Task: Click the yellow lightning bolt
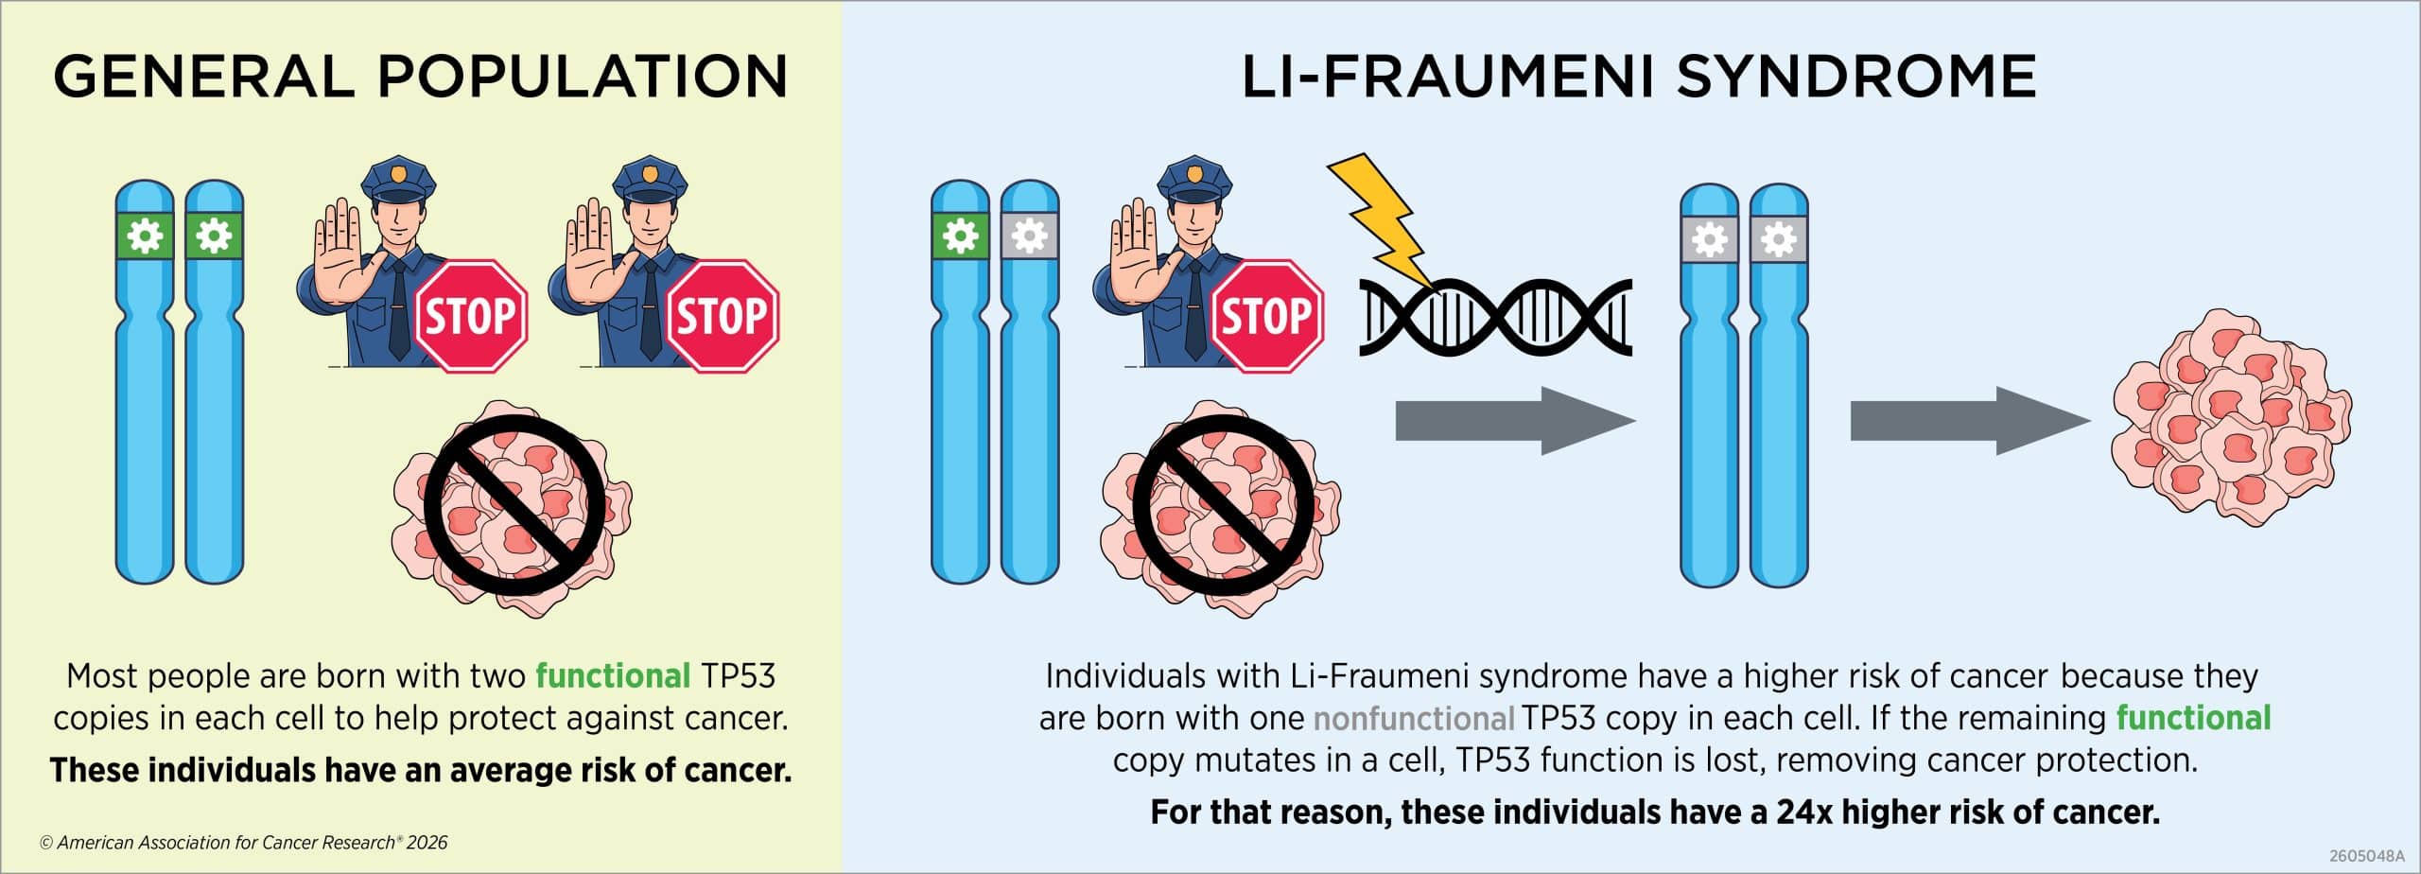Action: coord(1380,223)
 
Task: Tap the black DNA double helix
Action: coord(1495,317)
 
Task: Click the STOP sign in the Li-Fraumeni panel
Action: coord(1267,316)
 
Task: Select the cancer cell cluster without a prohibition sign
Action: coord(2232,417)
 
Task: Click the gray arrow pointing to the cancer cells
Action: coord(1970,421)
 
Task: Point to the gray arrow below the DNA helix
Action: coord(1516,421)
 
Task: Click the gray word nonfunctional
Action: coord(1414,719)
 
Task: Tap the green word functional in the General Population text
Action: coord(613,676)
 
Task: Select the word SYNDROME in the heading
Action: coord(1856,76)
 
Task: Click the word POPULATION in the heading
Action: coord(583,76)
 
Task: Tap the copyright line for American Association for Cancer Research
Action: coord(244,842)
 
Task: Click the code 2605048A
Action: coord(2366,856)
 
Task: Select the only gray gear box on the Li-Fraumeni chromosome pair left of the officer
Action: coord(1030,236)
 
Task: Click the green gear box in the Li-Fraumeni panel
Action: coord(960,236)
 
